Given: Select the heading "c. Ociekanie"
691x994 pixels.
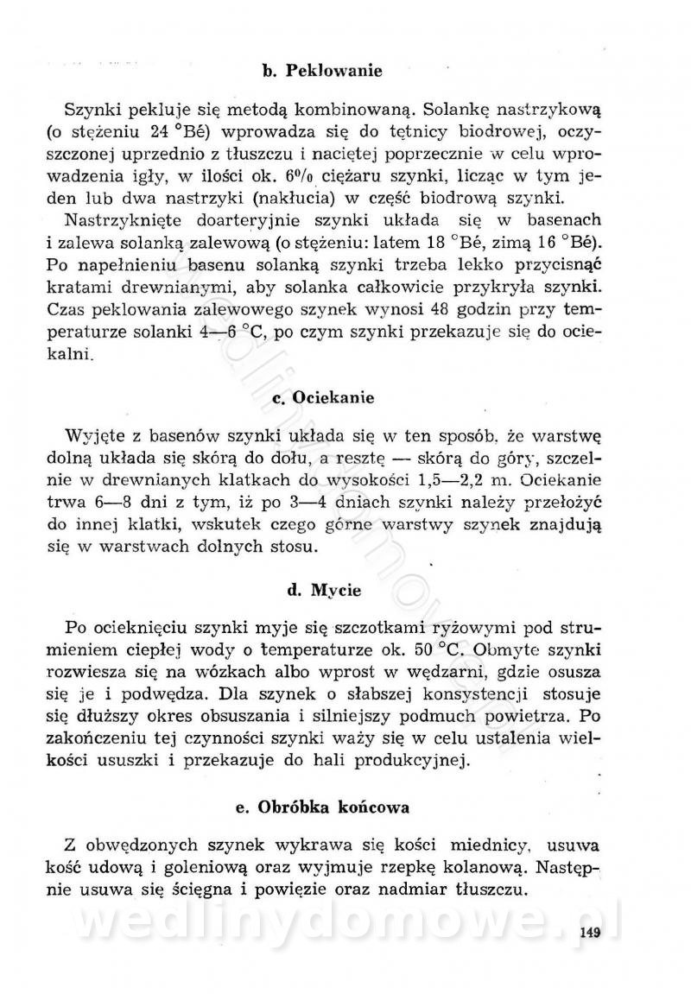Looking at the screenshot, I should point(322,398).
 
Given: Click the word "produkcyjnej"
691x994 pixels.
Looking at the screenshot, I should point(418,736).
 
